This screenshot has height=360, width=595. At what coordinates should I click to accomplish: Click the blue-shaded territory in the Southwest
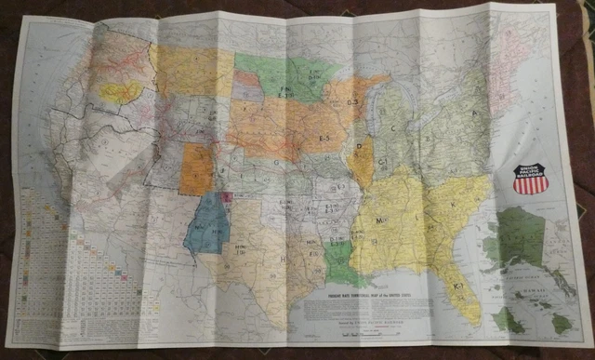(x=205, y=229)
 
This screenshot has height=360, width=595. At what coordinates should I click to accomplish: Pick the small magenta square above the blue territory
(x=226, y=197)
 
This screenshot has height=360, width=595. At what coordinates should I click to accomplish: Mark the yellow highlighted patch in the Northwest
(x=121, y=91)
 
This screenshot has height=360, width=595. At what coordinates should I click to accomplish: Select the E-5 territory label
(x=327, y=138)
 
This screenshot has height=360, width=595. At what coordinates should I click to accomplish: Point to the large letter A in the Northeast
(x=478, y=109)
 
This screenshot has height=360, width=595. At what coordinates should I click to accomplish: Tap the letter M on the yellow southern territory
(x=381, y=220)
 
